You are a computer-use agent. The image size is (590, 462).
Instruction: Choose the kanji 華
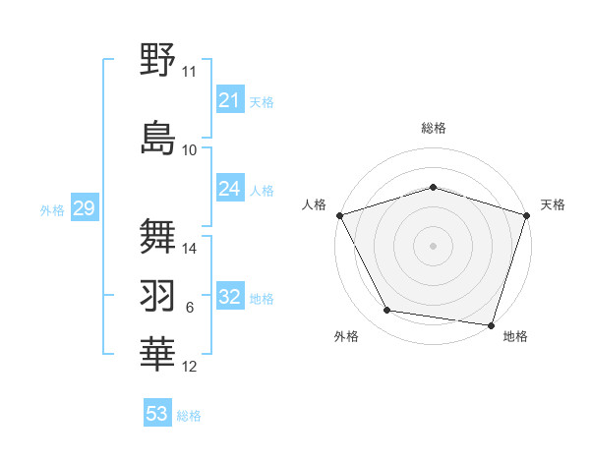pyautogui.click(x=158, y=354)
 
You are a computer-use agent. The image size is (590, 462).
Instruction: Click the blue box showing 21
pyautogui.click(x=229, y=100)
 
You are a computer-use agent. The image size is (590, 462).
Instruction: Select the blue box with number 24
pyautogui.click(x=229, y=189)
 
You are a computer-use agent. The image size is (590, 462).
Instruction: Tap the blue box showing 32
pyautogui.click(x=229, y=298)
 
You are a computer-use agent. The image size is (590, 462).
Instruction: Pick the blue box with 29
pyautogui.click(x=84, y=208)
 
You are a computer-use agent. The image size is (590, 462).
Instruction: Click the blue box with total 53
pyautogui.click(x=156, y=414)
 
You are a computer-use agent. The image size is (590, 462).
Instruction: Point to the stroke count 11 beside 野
pyautogui.click(x=190, y=72)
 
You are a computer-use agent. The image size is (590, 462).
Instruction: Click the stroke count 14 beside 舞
pyautogui.click(x=190, y=249)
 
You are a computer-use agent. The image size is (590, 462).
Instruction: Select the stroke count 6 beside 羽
pyautogui.click(x=190, y=309)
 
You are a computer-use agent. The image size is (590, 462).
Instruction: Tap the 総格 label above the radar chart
pyautogui.click(x=433, y=128)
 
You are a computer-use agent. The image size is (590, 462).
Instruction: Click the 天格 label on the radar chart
pyautogui.click(x=553, y=204)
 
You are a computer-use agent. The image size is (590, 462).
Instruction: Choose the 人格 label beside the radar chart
pyautogui.click(x=314, y=204)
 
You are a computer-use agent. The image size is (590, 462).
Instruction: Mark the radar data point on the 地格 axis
pyautogui.click(x=492, y=324)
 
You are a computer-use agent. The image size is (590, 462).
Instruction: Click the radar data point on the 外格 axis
pyautogui.click(x=387, y=311)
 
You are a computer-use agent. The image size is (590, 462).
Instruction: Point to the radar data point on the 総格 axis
pyautogui.click(x=433, y=187)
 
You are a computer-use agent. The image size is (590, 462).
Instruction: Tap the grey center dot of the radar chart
pyautogui.click(x=433, y=246)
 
